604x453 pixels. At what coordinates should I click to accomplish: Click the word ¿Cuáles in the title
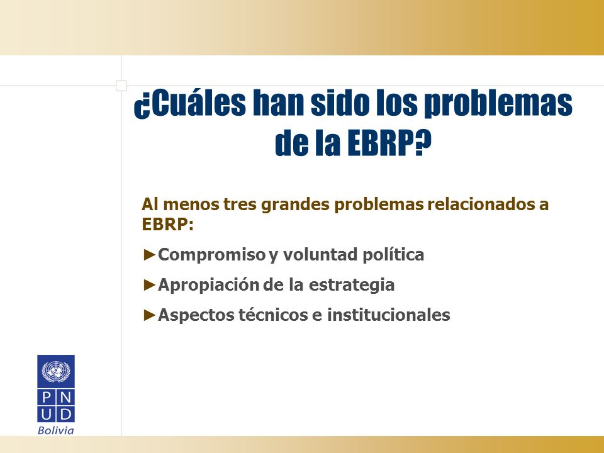click(189, 103)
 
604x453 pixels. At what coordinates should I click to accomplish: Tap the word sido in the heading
click(339, 103)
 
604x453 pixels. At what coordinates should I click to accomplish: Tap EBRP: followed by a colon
click(167, 224)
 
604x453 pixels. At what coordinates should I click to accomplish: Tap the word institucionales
click(389, 315)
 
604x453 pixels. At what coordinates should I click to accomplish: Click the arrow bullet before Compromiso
click(150, 255)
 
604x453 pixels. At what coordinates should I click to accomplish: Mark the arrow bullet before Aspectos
click(150, 315)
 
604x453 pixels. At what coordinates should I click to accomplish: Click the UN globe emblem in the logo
click(56, 371)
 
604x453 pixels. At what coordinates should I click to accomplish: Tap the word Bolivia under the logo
click(56, 430)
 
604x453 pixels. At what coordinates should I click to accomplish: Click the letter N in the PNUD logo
click(65, 397)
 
